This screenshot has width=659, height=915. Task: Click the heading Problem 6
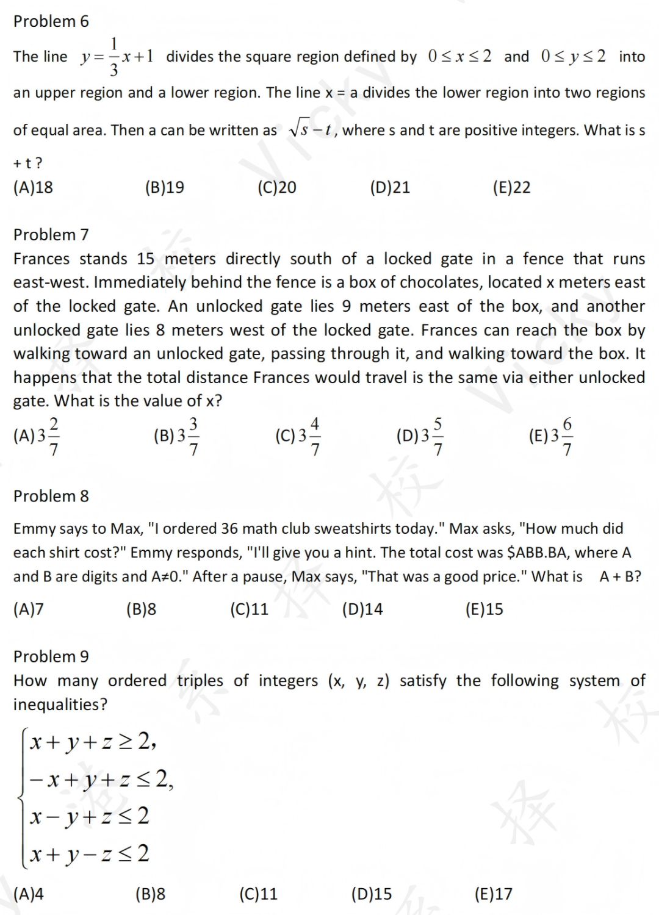click(51, 21)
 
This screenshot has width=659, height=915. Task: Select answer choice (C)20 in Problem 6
click(277, 187)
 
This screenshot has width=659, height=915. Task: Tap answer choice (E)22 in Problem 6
click(511, 187)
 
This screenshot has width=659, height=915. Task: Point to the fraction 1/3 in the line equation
click(114, 57)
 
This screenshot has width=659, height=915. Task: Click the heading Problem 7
click(51, 235)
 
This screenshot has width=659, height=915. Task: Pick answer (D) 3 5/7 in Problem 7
click(420, 436)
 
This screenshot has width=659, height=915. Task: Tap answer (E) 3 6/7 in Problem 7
click(551, 436)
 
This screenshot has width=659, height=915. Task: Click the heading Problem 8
click(51, 497)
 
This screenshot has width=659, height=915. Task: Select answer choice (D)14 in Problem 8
click(362, 609)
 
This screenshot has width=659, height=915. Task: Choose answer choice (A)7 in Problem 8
click(29, 609)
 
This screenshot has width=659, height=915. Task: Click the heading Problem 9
click(51, 657)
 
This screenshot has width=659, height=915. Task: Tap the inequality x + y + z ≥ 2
click(93, 742)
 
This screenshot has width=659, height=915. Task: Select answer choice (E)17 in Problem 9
click(493, 894)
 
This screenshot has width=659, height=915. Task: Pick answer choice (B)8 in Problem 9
click(150, 894)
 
